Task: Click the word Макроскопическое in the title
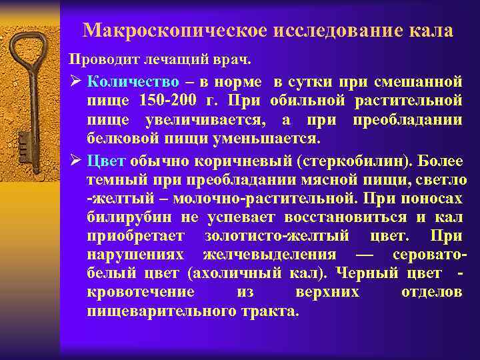tap(171, 31)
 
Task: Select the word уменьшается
tap(269, 139)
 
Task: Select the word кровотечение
tap(141, 292)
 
